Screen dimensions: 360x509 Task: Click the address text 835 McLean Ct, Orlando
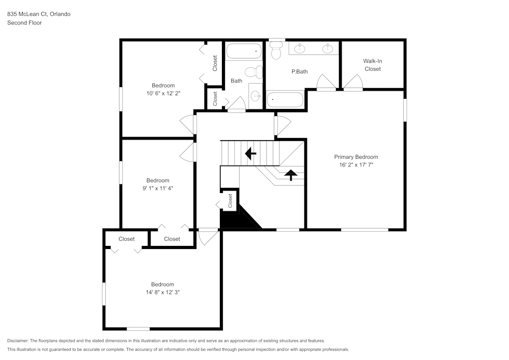(39, 14)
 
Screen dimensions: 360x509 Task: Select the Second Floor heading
(24, 23)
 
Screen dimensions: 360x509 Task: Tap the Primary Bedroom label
(356, 157)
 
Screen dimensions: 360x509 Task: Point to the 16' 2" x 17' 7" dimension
(356, 165)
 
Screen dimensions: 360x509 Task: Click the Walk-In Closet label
(372, 65)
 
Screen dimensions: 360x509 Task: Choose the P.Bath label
(299, 72)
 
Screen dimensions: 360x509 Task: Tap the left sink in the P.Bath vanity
(300, 49)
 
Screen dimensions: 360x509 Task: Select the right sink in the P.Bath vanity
(328, 49)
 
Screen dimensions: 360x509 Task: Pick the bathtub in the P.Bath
(285, 99)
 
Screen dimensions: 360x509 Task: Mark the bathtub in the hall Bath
(244, 51)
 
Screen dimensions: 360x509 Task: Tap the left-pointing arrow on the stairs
(250, 153)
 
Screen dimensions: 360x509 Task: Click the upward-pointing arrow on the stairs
(291, 175)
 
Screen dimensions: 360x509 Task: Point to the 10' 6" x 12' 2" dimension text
(163, 94)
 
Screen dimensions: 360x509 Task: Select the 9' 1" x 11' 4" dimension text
(158, 188)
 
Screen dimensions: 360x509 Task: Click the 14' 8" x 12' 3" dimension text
(162, 292)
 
